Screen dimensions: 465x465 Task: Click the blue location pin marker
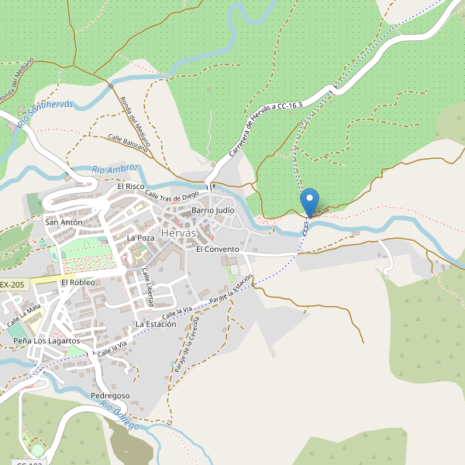[x=309, y=201]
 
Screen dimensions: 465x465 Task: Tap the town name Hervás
[x=179, y=233]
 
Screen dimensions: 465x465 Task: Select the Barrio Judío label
[x=213, y=210]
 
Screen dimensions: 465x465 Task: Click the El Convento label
[x=218, y=250]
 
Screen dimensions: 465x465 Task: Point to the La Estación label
[x=156, y=324]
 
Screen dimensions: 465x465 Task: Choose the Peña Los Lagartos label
[x=46, y=341]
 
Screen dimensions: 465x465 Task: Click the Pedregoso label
[x=110, y=395]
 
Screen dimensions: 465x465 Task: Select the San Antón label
[x=64, y=222]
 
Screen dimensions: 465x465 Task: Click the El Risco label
[x=131, y=187]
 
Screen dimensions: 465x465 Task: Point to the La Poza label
[x=140, y=238]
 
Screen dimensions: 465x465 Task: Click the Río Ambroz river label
[x=115, y=168]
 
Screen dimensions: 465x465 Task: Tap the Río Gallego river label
[x=119, y=416]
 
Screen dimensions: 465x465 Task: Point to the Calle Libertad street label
[x=147, y=287]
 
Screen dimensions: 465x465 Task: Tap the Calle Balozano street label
[x=128, y=141]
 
